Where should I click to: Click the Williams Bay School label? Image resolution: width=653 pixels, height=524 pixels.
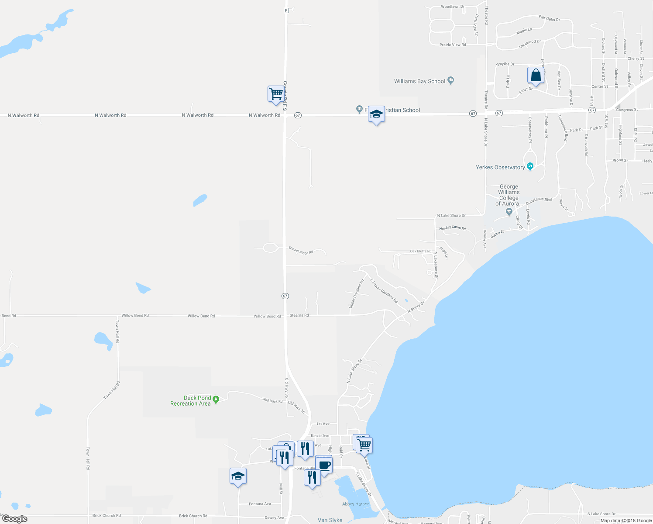(419, 81)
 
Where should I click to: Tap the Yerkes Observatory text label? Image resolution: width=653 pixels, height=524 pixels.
(500, 167)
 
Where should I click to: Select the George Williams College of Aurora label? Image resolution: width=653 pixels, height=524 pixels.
(509, 195)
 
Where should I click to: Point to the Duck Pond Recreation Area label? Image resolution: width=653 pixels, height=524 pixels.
(191, 401)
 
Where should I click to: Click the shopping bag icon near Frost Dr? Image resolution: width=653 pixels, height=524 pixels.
(536, 76)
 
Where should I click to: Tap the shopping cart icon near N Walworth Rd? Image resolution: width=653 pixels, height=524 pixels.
(276, 94)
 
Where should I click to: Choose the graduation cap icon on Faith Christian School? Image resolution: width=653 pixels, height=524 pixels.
(376, 114)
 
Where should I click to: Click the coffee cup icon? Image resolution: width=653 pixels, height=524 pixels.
(324, 465)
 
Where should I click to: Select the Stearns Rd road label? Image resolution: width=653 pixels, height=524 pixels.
(299, 315)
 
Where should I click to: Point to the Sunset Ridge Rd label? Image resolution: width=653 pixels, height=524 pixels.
(301, 251)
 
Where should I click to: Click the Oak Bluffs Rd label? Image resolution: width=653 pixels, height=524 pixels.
(421, 252)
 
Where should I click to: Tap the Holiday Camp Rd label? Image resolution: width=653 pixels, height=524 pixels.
(452, 228)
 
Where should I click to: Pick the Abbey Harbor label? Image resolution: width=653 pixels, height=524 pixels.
(355, 504)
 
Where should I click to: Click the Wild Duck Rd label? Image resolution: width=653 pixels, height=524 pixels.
(272, 400)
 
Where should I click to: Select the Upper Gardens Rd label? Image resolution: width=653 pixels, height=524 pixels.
(356, 294)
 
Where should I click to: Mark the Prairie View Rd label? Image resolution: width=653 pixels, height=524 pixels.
(453, 45)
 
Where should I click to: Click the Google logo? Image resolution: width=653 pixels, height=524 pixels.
(14, 519)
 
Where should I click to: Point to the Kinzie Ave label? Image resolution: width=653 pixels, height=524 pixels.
(320, 436)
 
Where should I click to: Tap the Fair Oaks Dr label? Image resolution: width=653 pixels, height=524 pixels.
(549, 19)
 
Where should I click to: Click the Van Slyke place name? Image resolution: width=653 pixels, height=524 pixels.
(330, 520)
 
